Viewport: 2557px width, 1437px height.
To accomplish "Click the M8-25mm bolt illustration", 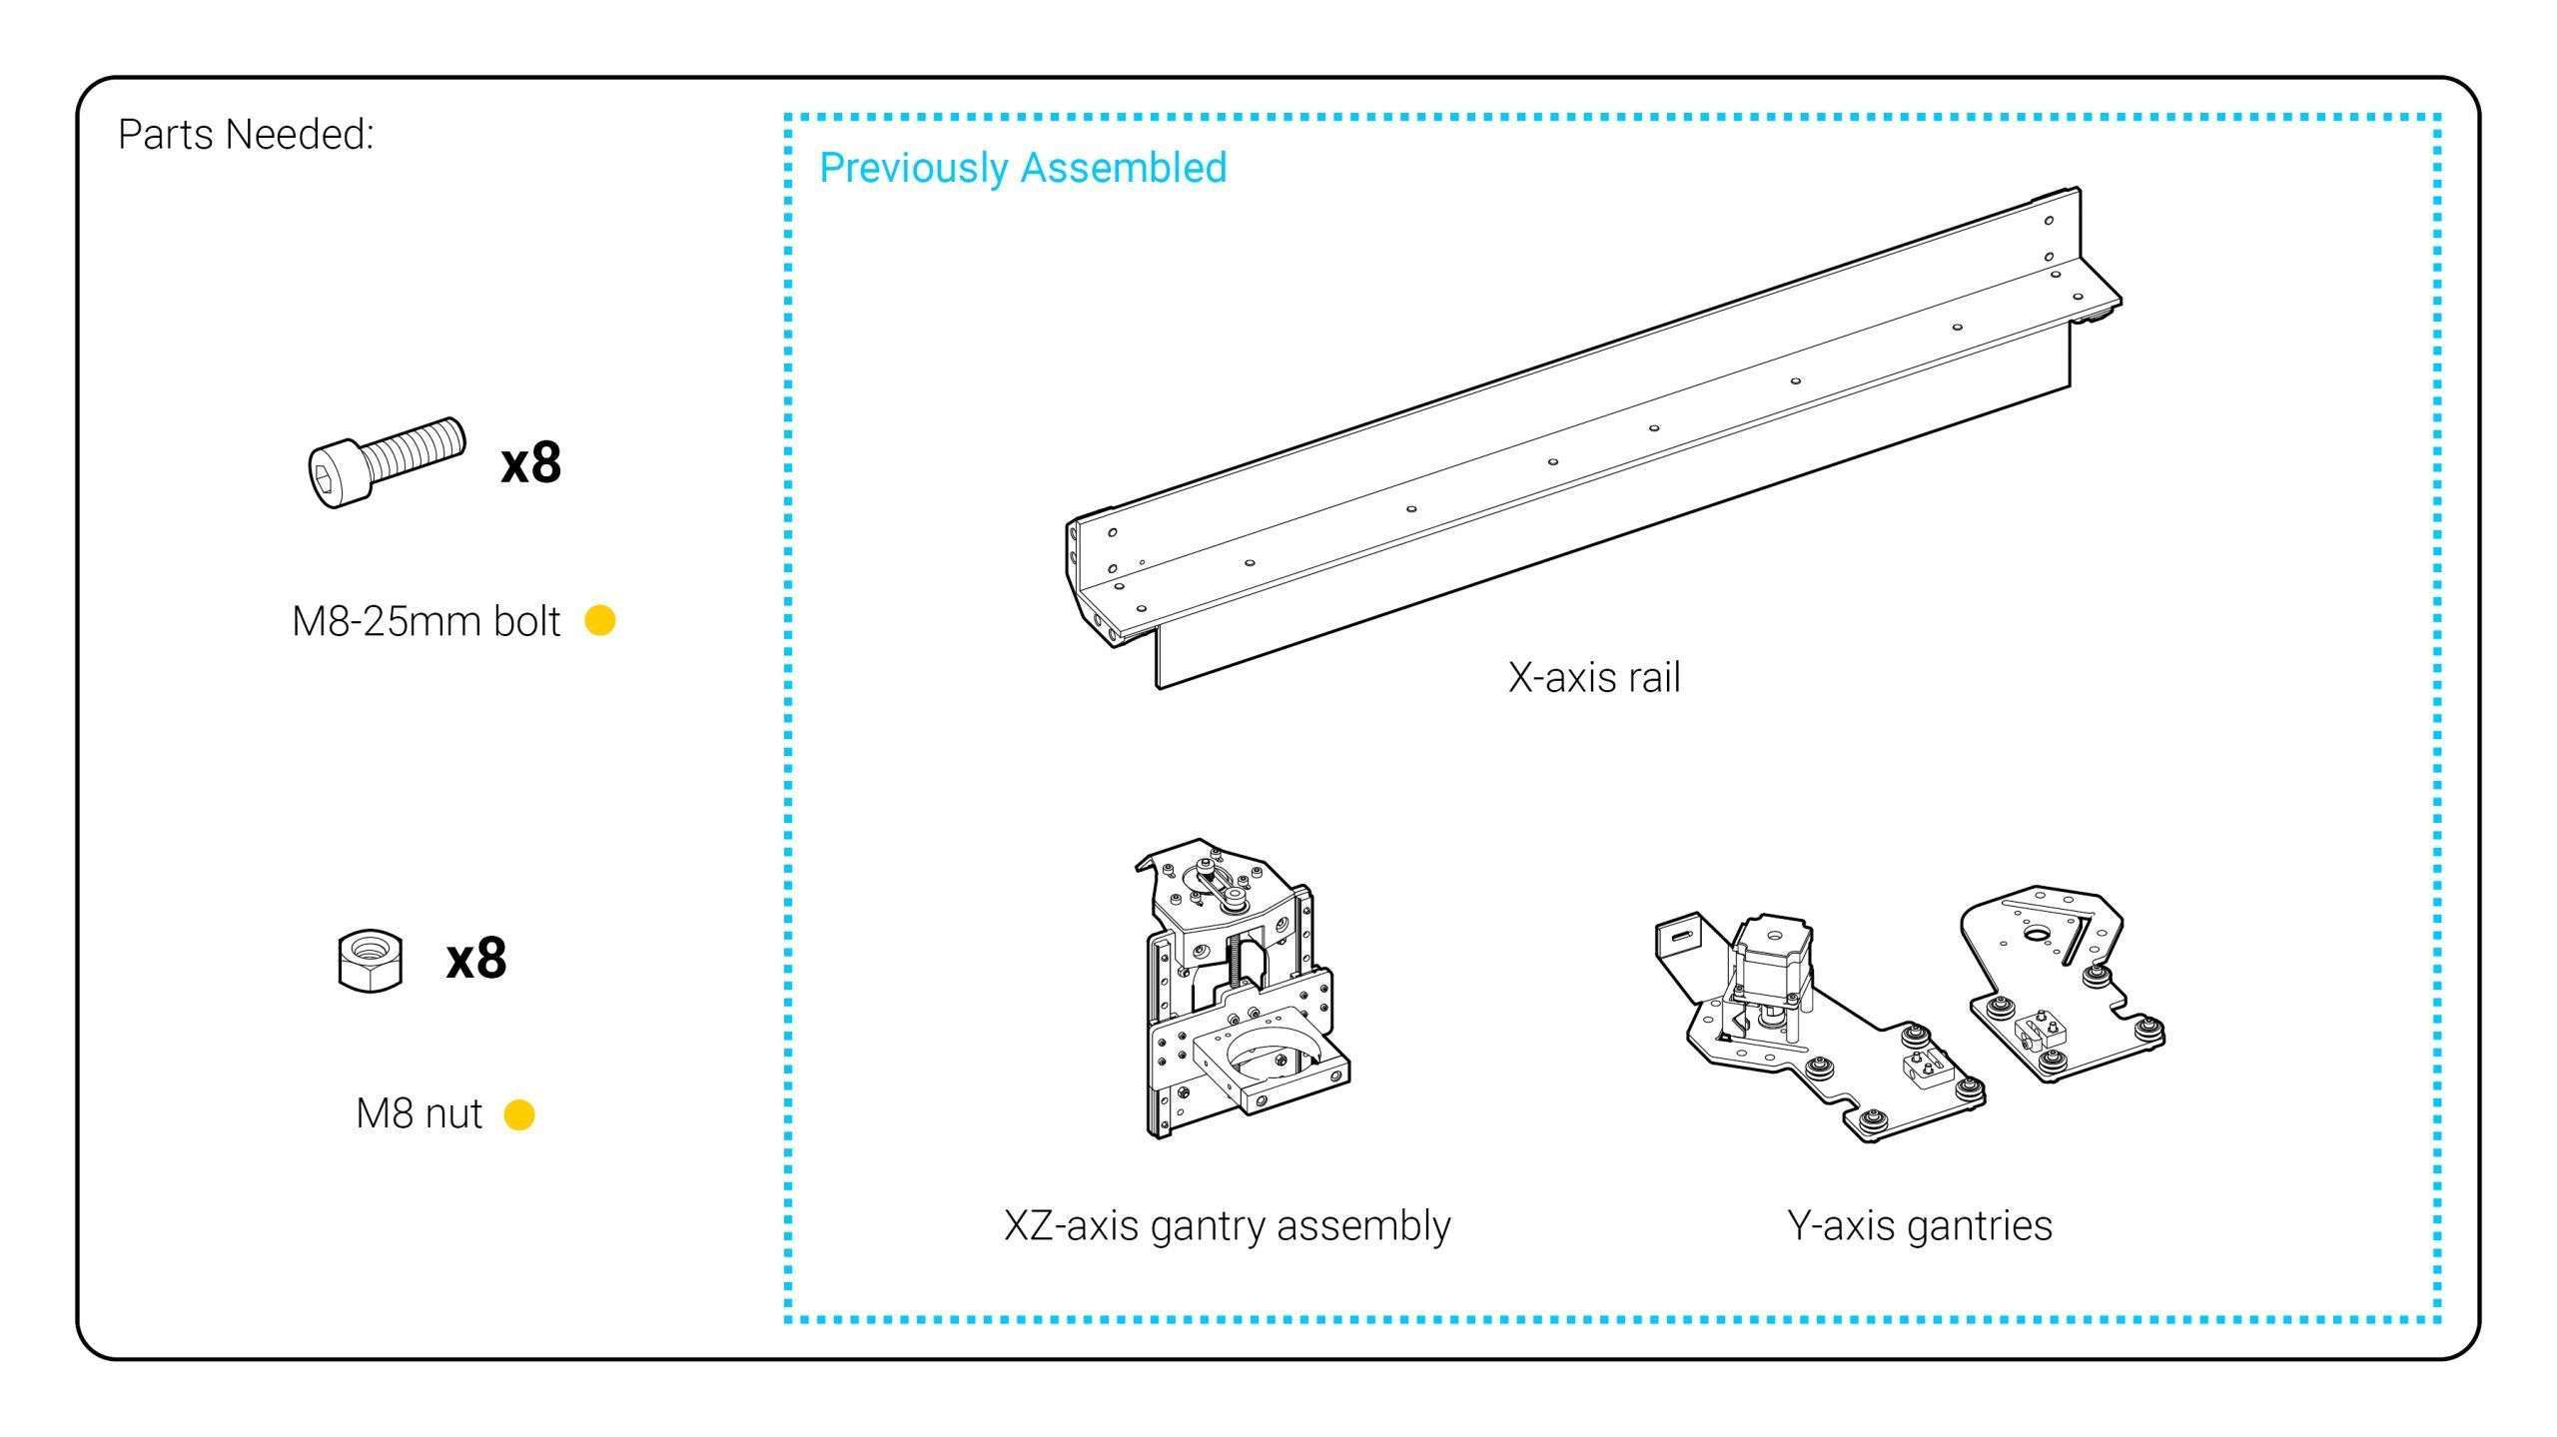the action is (x=385, y=462).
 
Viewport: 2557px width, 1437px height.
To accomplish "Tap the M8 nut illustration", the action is (x=371, y=961).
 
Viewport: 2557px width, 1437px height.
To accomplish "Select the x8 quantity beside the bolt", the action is (x=531, y=463).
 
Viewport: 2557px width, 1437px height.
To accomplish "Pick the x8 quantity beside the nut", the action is (x=476, y=959).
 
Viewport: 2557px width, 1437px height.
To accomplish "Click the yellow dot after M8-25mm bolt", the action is (x=599, y=620).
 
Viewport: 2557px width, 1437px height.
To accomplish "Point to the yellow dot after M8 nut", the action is (x=519, y=1114).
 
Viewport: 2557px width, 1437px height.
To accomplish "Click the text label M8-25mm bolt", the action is (x=426, y=621).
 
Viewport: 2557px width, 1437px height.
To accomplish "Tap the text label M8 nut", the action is (x=419, y=1113).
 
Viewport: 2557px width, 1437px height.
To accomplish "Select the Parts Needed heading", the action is (x=246, y=134).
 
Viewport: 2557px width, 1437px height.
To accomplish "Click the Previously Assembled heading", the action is (x=1023, y=168).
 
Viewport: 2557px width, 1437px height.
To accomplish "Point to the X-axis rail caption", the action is (x=1594, y=677).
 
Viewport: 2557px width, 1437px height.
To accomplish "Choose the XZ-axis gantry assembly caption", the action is (x=1227, y=1225).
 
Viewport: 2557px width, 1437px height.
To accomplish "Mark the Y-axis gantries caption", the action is (x=1920, y=1225).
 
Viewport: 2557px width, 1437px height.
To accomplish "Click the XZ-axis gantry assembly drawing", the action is (x=1244, y=989).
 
